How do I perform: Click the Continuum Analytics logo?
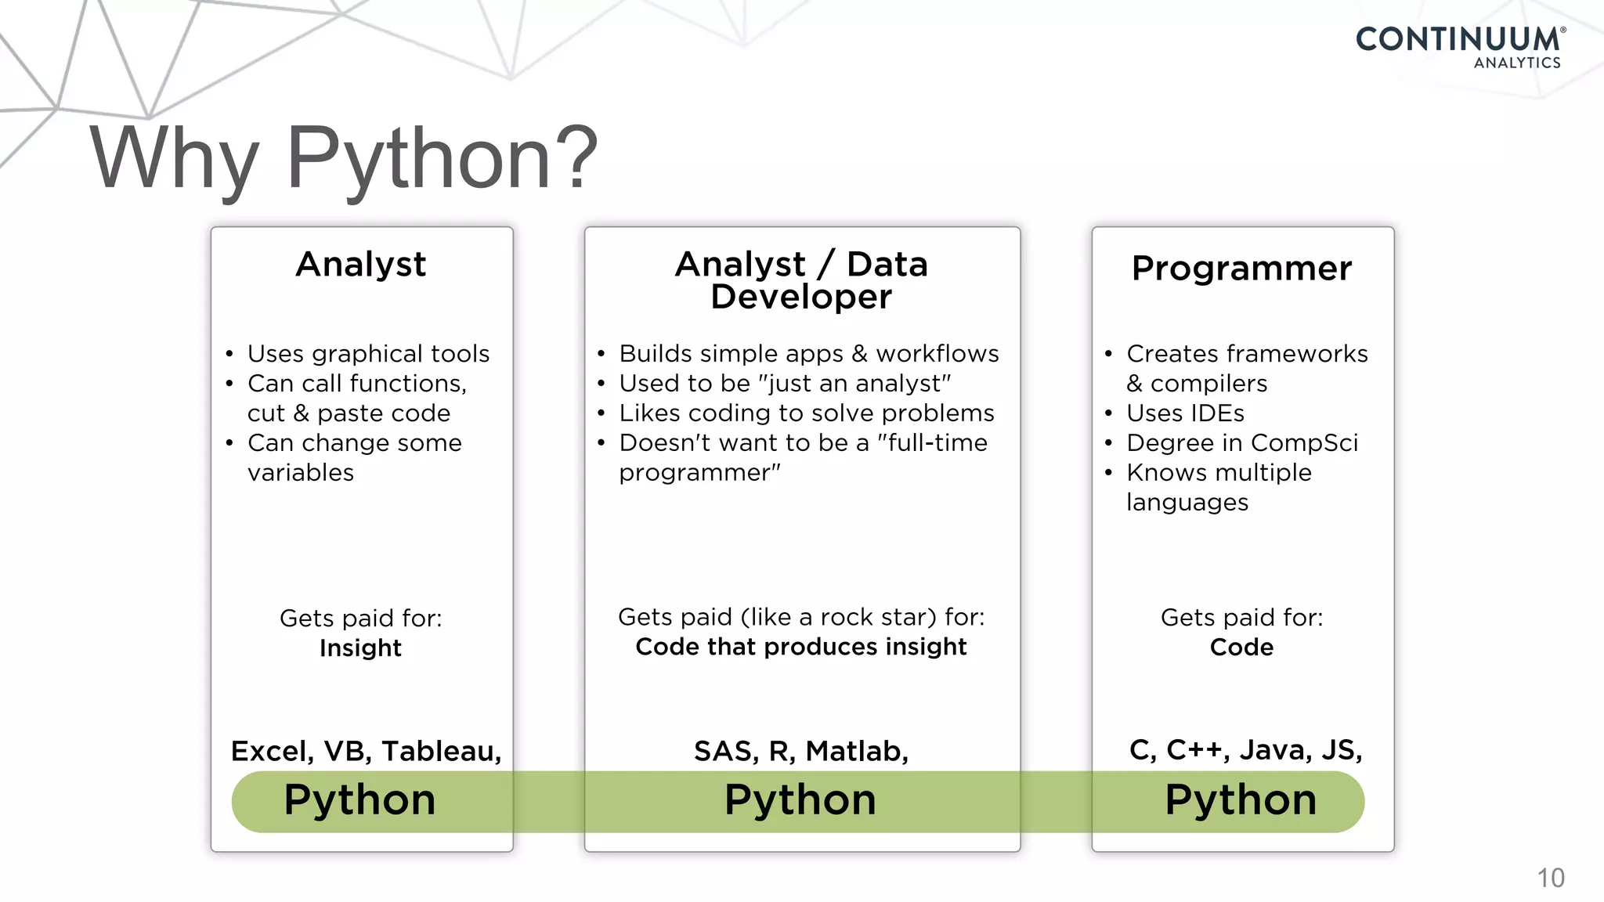[x=1460, y=47]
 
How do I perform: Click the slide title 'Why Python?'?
[x=344, y=159]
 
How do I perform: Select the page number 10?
[x=1550, y=878]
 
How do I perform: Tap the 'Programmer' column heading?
[x=1241, y=269]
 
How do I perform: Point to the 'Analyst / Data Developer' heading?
[x=801, y=280]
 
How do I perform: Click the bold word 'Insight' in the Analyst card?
[x=360, y=648]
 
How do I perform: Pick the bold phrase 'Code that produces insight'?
[x=801, y=647]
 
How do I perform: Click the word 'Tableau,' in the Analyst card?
[x=442, y=751]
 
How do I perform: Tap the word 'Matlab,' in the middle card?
[x=857, y=751]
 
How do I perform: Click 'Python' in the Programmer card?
[x=1241, y=800]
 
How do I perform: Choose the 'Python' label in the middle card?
[x=800, y=800]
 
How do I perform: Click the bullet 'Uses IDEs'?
[x=1185, y=413]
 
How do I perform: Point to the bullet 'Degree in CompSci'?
[x=1242, y=442]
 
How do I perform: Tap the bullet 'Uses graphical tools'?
[x=368, y=354]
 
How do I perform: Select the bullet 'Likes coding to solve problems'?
[x=806, y=413]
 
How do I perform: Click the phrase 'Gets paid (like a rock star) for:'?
[x=801, y=617]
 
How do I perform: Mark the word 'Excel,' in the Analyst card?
[x=273, y=751]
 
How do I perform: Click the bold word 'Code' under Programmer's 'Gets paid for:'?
[x=1241, y=648]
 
